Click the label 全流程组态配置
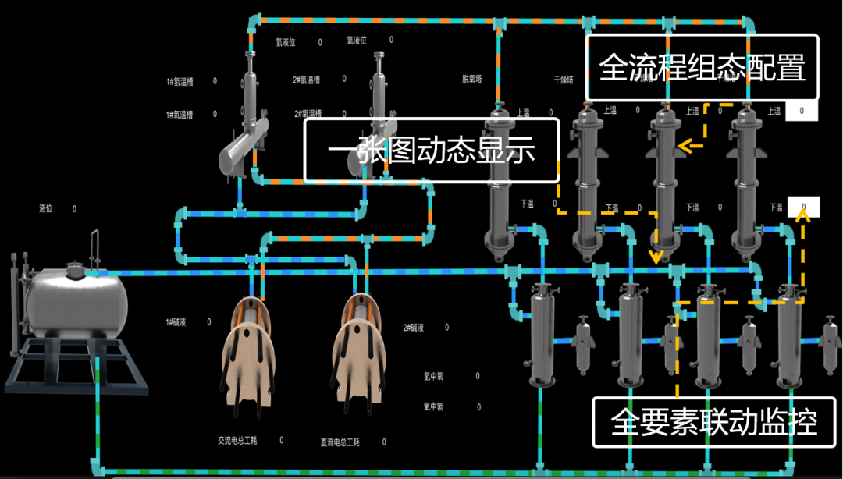(702, 68)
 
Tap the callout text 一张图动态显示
(431, 150)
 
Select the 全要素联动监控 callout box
(714, 423)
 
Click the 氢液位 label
(286, 42)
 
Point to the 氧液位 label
(357, 41)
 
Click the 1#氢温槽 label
(180, 81)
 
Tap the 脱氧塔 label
(472, 80)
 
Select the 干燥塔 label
(564, 80)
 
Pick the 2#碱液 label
(414, 328)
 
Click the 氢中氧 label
(433, 377)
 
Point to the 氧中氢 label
(433, 406)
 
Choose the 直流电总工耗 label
(340, 442)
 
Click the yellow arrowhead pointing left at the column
(685, 145)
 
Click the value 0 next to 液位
(75, 209)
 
